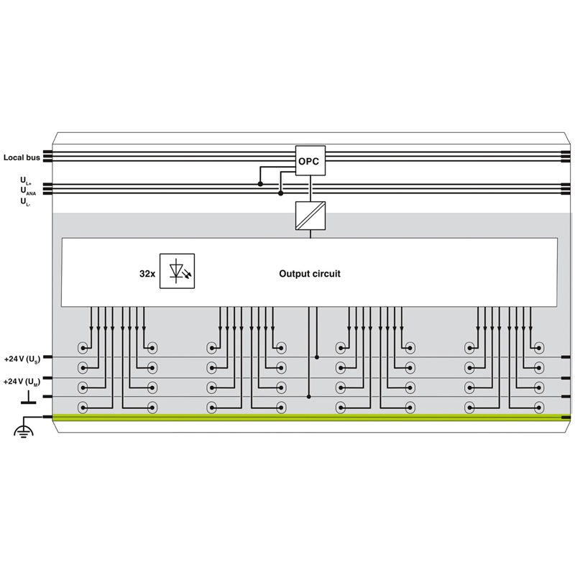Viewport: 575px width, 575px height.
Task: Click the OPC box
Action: click(x=310, y=160)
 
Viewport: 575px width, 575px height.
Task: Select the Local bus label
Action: click(x=22, y=157)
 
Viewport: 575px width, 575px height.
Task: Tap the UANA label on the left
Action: click(x=28, y=190)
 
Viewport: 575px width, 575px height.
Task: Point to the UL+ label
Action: click(x=26, y=181)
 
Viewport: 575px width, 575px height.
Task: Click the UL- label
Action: click(x=25, y=202)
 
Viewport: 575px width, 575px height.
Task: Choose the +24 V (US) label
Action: click(x=22, y=359)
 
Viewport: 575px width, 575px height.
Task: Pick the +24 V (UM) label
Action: click(x=22, y=382)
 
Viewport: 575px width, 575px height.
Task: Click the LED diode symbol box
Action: click(x=177, y=271)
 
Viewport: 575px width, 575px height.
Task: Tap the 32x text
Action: click(x=147, y=274)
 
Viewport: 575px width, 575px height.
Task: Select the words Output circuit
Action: click(x=310, y=274)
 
